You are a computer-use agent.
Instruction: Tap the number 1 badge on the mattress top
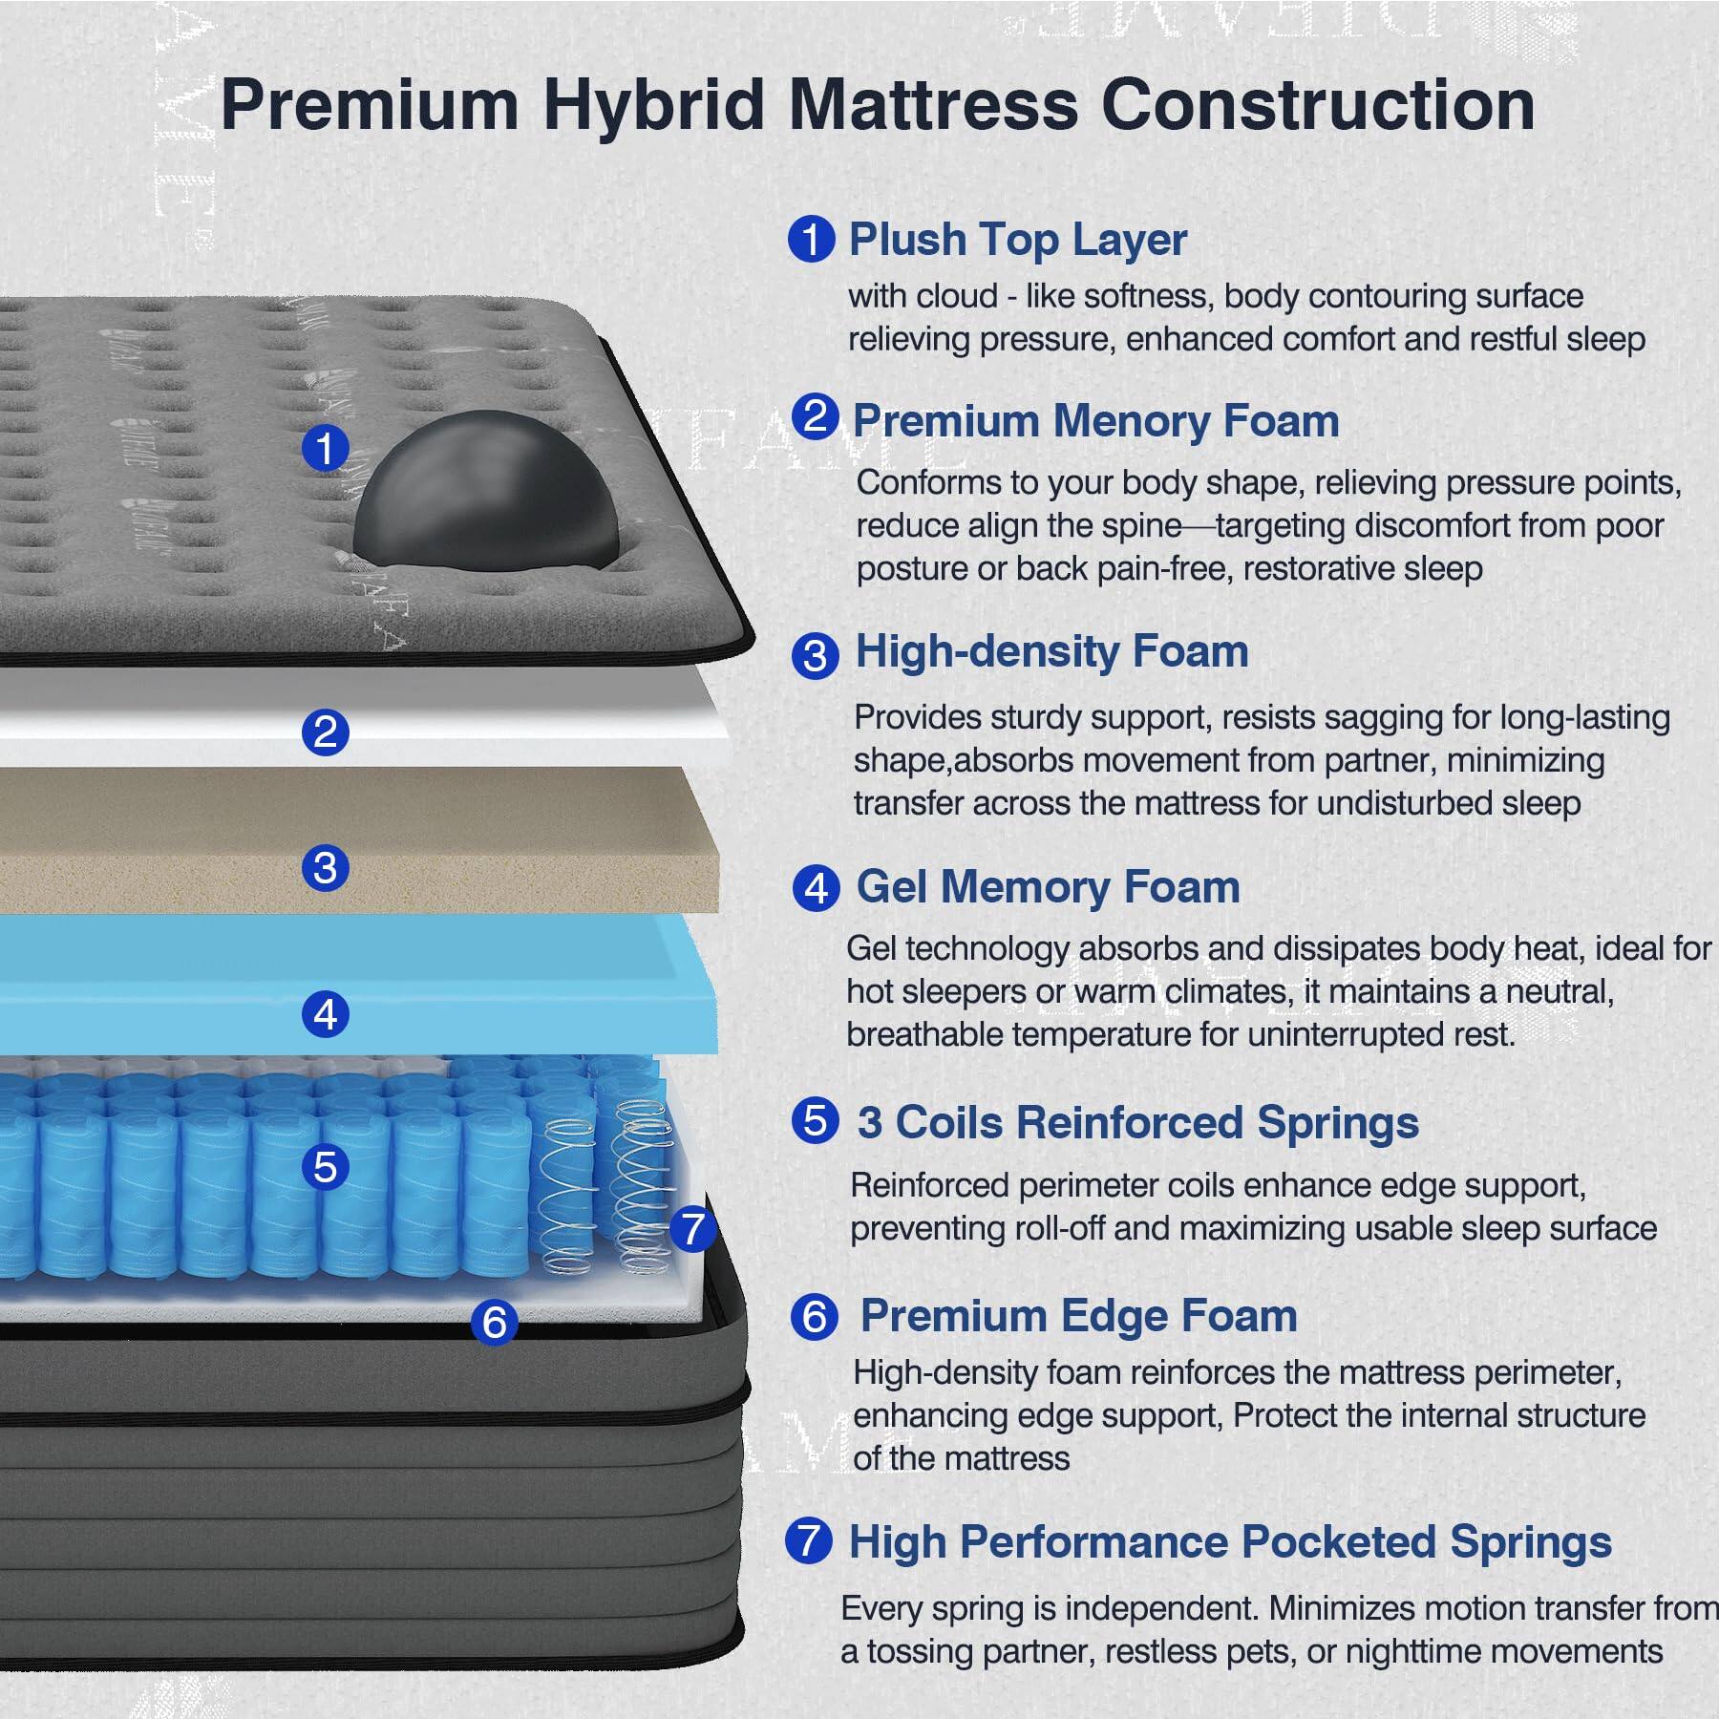325,448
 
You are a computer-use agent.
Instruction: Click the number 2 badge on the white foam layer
325,732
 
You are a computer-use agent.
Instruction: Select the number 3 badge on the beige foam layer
325,868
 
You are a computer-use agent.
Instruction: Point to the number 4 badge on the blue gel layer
325,1014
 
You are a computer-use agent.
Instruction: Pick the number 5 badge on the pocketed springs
325,1167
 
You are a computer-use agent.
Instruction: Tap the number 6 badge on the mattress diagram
495,1323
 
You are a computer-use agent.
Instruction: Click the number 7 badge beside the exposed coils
692,1229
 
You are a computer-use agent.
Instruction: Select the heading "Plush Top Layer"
1017,239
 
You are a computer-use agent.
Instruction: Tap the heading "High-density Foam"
1051,652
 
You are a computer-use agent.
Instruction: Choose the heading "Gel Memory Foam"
1048,887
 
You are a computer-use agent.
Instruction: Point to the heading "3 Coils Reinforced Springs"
1137,1122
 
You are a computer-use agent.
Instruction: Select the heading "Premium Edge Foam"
1078,1316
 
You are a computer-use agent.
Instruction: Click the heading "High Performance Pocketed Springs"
1230,1541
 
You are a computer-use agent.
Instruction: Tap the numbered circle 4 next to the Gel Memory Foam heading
816,889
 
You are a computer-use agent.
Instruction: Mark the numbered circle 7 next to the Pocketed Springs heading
808,1540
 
